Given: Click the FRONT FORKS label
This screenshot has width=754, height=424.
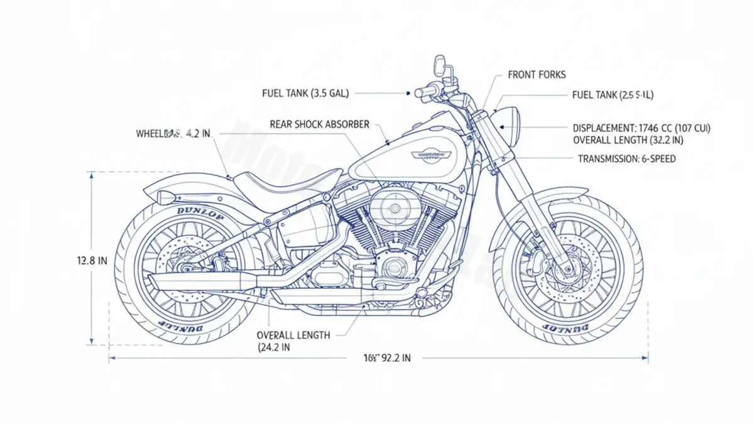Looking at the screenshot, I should [536, 75].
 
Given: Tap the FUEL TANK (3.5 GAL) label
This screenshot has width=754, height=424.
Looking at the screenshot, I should [305, 93].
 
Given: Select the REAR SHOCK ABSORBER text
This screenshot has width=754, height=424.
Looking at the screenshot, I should [319, 124].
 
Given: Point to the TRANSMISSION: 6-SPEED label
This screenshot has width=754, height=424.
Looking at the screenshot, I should [626, 159].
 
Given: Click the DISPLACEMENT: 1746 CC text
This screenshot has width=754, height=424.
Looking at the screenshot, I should [642, 128].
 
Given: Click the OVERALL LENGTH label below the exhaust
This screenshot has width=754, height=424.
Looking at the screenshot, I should [293, 335].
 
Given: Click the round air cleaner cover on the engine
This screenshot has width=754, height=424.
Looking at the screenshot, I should [395, 207].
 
